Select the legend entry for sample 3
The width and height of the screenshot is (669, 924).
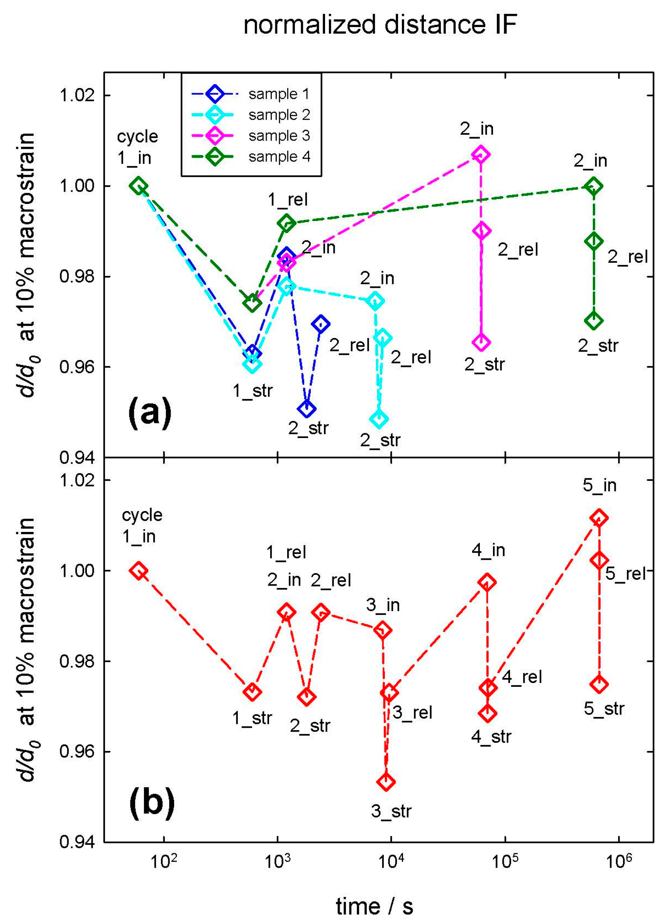click(279, 136)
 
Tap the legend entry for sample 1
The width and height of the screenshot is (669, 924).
click(279, 94)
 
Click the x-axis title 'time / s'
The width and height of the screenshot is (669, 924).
click(374, 907)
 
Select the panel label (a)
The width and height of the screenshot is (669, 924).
click(150, 414)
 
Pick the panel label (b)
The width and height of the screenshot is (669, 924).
click(151, 802)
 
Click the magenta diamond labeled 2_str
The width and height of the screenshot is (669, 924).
click(481, 343)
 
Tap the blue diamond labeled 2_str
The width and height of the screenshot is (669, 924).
click(307, 409)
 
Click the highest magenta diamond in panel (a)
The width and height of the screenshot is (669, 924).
click(481, 155)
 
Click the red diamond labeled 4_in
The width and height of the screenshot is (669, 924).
click(487, 583)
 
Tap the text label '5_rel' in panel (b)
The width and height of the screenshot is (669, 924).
click(625, 574)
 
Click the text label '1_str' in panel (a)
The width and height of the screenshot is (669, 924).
click(252, 391)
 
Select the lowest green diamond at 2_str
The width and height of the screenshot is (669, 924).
click(594, 321)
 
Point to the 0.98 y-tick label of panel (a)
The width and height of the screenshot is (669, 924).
click(77, 277)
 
